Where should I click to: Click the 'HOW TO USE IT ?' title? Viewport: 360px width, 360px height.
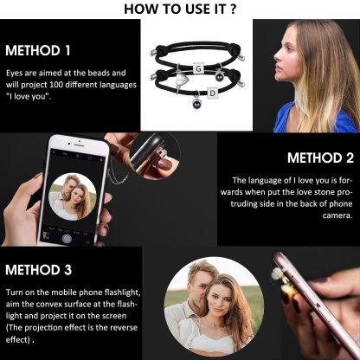point(180,9)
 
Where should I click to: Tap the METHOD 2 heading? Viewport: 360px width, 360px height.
point(320,157)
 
